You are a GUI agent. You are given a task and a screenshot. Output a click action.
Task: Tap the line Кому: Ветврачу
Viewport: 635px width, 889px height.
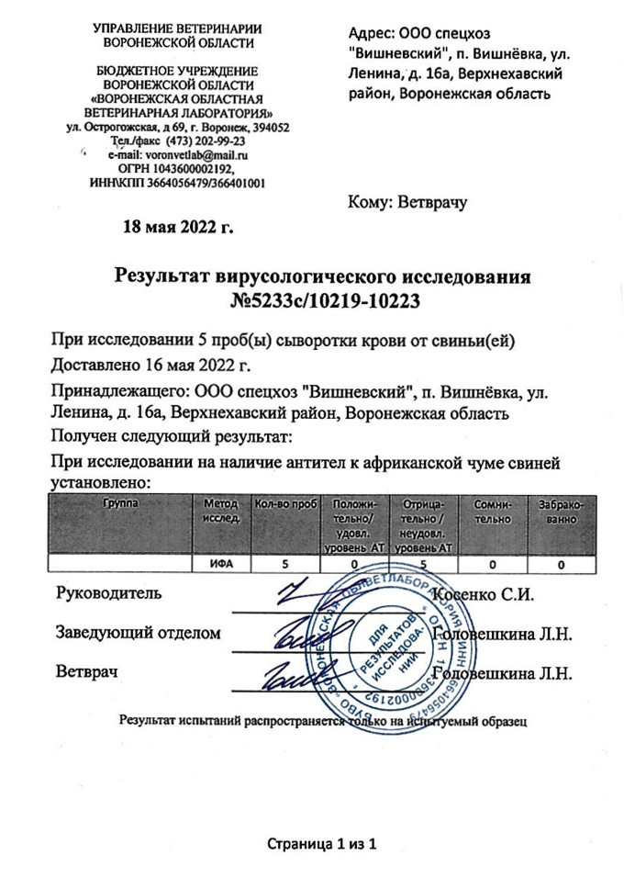[x=407, y=202]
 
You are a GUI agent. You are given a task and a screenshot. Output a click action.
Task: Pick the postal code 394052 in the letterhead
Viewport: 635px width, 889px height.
[x=268, y=129]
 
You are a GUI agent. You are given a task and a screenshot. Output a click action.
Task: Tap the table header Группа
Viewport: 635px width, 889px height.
[x=118, y=503]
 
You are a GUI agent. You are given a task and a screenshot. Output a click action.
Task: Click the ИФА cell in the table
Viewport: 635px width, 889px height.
[x=219, y=565]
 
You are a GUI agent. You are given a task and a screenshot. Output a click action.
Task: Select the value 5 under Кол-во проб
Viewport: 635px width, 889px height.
[x=284, y=565]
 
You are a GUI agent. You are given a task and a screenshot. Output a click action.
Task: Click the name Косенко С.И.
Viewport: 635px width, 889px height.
[x=487, y=593]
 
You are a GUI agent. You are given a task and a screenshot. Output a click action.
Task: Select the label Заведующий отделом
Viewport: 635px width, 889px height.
[x=139, y=634]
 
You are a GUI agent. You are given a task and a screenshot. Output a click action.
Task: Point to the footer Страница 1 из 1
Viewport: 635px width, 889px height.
[x=322, y=843]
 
